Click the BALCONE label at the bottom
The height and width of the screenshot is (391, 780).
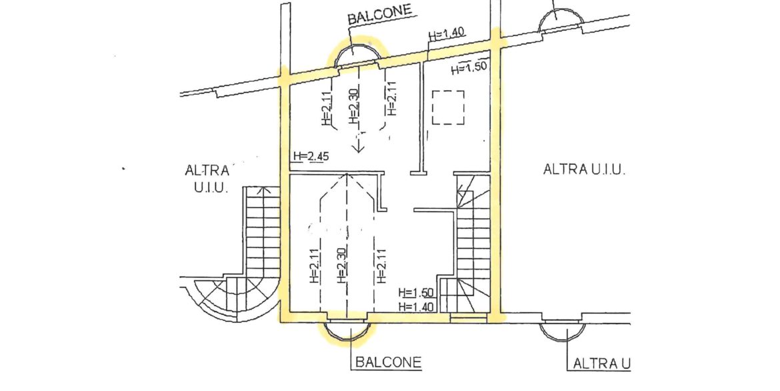pyautogui.click(x=388, y=363)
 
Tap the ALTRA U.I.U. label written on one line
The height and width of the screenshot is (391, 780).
pyautogui.click(x=584, y=170)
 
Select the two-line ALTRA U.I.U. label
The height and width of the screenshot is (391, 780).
pyautogui.click(x=207, y=179)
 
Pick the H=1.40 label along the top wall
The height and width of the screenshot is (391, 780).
pyautogui.click(x=447, y=33)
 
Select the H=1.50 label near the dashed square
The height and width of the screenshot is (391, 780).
pyautogui.click(x=469, y=68)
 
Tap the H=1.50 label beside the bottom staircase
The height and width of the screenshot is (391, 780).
pyautogui.click(x=417, y=293)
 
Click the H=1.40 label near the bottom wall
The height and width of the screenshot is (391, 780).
pyautogui.click(x=417, y=306)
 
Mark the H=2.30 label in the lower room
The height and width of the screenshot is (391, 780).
pyautogui.click(x=342, y=266)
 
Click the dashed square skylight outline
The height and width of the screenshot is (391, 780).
pyautogui.click(x=447, y=107)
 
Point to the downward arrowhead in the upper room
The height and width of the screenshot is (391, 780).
pyautogui.click(x=359, y=145)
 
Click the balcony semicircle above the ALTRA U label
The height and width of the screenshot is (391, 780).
pyautogui.click(x=564, y=330)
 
